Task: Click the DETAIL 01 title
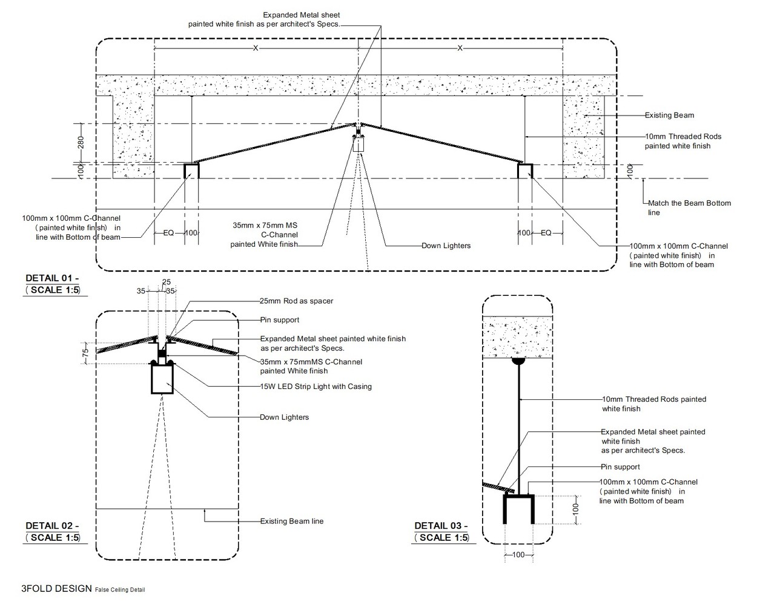click(x=52, y=278)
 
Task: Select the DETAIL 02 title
click(x=52, y=526)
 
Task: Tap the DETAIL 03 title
click(x=441, y=526)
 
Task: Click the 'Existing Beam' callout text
click(x=669, y=116)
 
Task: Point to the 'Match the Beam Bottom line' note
click(x=689, y=208)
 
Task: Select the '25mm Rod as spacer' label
click(x=296, y=301)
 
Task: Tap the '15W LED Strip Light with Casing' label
click(x=316, y=387)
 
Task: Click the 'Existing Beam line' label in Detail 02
click(x=291, y=521)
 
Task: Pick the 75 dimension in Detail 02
click(x=85, y=351)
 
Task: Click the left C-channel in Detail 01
click(x=191, y=170)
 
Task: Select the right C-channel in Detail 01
click(x=525, y=170)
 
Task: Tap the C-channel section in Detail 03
click(x=519, y=508)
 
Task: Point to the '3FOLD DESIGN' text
click(x=56, y=589)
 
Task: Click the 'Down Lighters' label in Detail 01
click(x=446, y=246)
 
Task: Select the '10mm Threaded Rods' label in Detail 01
click(x=683, y=141)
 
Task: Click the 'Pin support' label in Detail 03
click(x=620, y=467)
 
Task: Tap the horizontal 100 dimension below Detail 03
click(x=518, y=555)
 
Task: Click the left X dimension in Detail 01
click(x=256, y=48)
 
